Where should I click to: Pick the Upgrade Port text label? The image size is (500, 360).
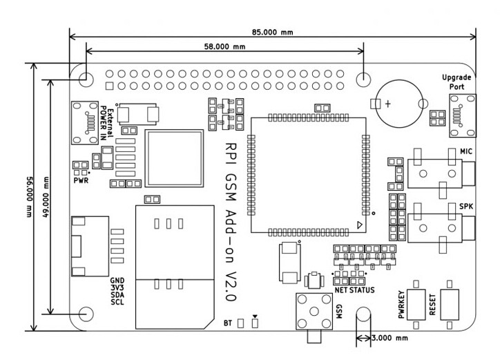(457, 82)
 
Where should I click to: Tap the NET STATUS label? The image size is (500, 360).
(354, 290)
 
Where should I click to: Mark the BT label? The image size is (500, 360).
(227, 323)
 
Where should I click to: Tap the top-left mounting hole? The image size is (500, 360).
(86, 77)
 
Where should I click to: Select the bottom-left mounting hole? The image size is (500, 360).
(86, 314)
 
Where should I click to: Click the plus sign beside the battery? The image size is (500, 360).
(389, 104)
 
